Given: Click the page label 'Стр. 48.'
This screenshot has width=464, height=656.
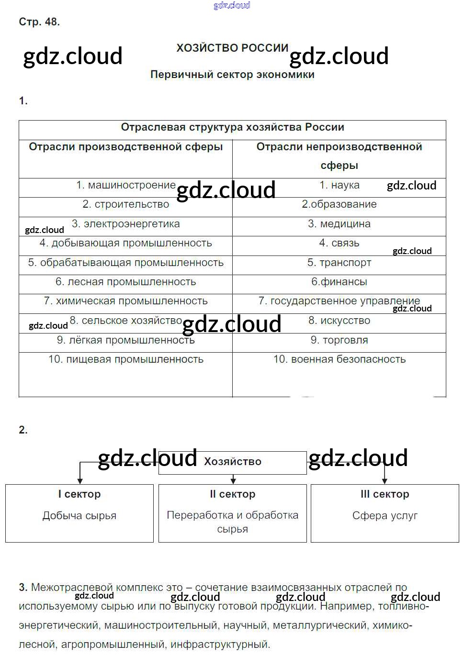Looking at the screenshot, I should pos(39,22).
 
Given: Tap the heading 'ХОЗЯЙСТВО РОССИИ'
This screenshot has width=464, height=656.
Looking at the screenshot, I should pos(232,48).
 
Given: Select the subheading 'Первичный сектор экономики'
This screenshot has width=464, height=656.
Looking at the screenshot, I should pos(232,75).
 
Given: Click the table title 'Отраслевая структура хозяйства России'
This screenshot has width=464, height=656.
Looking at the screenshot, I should pos(232,127).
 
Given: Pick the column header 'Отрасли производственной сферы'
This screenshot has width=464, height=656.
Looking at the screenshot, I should pos(125,147).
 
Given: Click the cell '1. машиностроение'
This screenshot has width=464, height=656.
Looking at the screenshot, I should pos(125,185).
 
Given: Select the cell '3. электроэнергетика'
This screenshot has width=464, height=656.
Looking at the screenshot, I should pos(125,224).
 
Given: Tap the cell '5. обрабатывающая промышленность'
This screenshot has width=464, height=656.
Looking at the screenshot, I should pos(125,263).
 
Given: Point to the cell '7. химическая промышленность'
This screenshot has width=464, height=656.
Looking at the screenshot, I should pos(125,301).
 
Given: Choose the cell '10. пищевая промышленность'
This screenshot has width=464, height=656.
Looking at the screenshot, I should pos(125,359).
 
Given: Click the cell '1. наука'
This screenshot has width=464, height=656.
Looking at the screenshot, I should pos(339,185).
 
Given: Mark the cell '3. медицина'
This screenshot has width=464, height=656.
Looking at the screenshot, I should pos(339,224).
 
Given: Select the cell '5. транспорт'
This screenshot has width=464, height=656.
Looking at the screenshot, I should pos(339,263).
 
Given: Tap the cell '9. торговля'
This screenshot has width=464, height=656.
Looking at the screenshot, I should pos(339,340).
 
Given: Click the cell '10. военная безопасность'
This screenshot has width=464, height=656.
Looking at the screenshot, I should pos(339,359).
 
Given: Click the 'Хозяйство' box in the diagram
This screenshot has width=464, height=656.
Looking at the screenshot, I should pos(233,462).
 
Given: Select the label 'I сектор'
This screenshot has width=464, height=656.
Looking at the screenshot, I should pos(79,494).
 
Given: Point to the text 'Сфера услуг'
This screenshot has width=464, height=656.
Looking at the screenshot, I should pos(385,516).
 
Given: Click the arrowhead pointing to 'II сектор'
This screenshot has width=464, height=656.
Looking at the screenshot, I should pos(233,480).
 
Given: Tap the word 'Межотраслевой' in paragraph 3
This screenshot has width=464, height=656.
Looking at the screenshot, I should pos(68,587).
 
